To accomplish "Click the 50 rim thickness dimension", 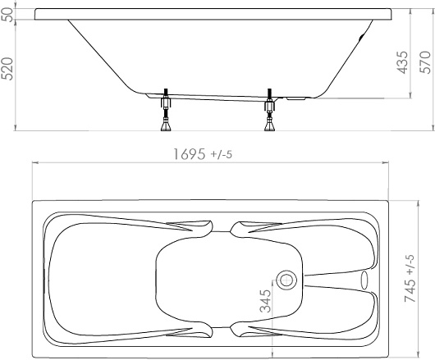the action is pos(7,14).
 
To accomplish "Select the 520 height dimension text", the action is pos(7,69).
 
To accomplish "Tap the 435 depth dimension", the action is pos(402,62).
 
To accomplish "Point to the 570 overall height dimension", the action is pos(424,62).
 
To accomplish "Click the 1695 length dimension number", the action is pos(190,154).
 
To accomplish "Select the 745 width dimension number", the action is pos(410,290).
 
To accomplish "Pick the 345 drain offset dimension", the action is pos(265,301).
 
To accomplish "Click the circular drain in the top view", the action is pos(286,280).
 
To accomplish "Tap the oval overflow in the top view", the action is pos(364,280).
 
